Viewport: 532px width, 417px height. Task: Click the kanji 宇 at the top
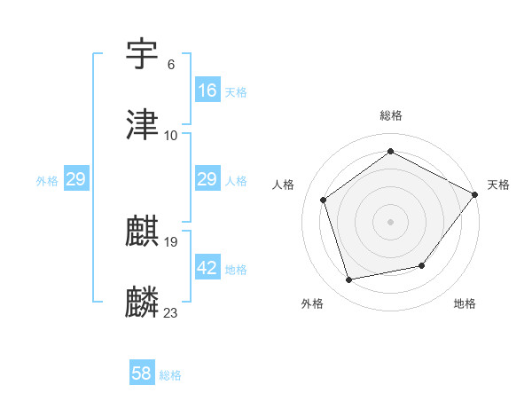coord(143,54)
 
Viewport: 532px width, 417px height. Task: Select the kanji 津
coord(143,124)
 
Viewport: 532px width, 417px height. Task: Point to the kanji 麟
coord(143,302)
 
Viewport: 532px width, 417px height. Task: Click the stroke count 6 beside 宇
coord(171,65)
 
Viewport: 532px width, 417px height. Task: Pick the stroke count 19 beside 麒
coord(171,242)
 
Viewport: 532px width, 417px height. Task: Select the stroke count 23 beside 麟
coord(171,312)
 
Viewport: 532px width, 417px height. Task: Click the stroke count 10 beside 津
coord(171,135)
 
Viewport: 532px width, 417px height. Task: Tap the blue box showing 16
coord(207,90)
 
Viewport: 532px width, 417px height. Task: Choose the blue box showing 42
coord(207,268)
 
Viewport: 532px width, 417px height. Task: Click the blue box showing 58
coord(142,374)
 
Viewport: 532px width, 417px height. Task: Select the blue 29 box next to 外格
coord(75,179)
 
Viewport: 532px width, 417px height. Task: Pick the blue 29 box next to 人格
coord(207,179)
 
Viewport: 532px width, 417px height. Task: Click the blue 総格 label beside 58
coord(170,375)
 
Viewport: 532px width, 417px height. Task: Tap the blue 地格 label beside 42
coord(236,270)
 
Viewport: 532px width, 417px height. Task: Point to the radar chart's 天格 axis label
coord(498,185)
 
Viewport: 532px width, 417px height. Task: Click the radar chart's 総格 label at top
coord(391,115)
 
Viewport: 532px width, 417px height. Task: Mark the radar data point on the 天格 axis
coord(474,194)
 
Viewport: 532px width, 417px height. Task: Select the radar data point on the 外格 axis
coord(349,279)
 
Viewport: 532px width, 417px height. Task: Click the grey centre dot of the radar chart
coord(391,221)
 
